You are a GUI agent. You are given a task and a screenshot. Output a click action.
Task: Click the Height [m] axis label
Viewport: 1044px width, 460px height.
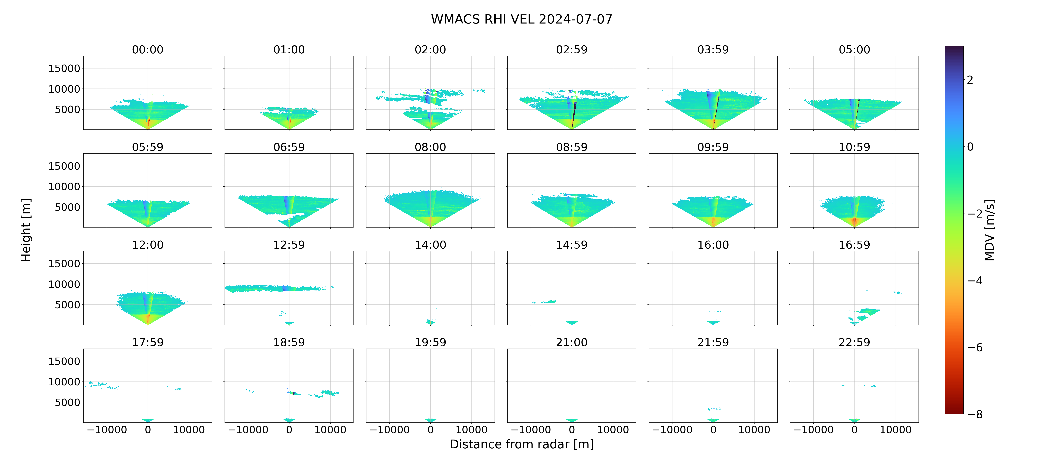point(26,230)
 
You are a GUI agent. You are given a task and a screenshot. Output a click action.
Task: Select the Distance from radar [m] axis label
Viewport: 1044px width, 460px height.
point(522,444)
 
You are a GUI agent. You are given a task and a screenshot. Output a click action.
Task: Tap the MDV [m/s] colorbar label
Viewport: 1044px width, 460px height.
point(989,230)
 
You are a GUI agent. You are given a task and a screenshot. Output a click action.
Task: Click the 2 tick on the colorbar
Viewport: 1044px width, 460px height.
point(970,80)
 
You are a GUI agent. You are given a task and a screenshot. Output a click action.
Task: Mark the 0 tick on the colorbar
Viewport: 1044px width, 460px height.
point(970,147)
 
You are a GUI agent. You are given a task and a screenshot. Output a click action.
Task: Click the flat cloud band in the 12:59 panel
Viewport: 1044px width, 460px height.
point(276,288)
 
